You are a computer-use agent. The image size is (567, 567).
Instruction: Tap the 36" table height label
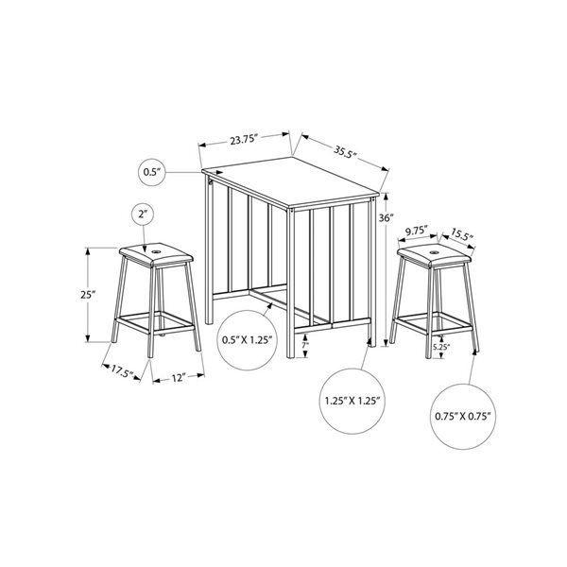(384, 217)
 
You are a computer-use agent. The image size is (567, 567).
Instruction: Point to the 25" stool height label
(87, 294)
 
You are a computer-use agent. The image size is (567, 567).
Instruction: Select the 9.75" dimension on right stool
(418, 229)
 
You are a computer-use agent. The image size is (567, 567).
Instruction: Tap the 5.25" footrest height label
(441, 347)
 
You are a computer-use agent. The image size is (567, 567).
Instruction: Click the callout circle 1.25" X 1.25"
(350, 401)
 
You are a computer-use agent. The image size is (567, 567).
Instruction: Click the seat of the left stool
(155, 252)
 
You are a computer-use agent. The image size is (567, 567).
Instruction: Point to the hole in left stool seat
(155, 250)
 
